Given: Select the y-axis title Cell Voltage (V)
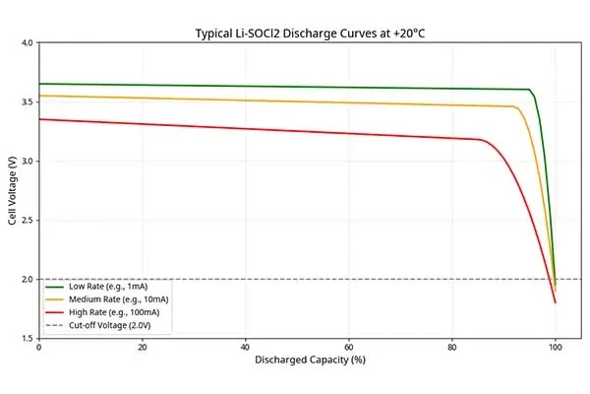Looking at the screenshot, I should pos(13,190).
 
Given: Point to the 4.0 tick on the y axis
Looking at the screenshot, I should pos(28,42).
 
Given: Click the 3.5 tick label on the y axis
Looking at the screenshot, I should pos(28,101).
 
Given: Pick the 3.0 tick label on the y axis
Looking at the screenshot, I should pos(28,161).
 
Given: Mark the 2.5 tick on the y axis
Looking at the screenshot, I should pos(28,220).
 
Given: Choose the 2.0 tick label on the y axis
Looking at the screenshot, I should pos(28,279).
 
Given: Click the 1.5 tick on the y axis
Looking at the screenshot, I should pos(28,338).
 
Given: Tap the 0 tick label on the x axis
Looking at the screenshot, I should pos(38,348).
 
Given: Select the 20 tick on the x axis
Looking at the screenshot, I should pos(142,348).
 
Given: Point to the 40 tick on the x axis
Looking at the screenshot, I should pos(245,348).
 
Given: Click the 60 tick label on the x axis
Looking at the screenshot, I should pos(349,348).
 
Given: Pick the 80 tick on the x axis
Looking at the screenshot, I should pos(452,348).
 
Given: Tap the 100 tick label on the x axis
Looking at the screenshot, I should pos(556,348).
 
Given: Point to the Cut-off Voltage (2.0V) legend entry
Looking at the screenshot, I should pos(102,323).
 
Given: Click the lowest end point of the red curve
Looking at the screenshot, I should pos(556,302).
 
